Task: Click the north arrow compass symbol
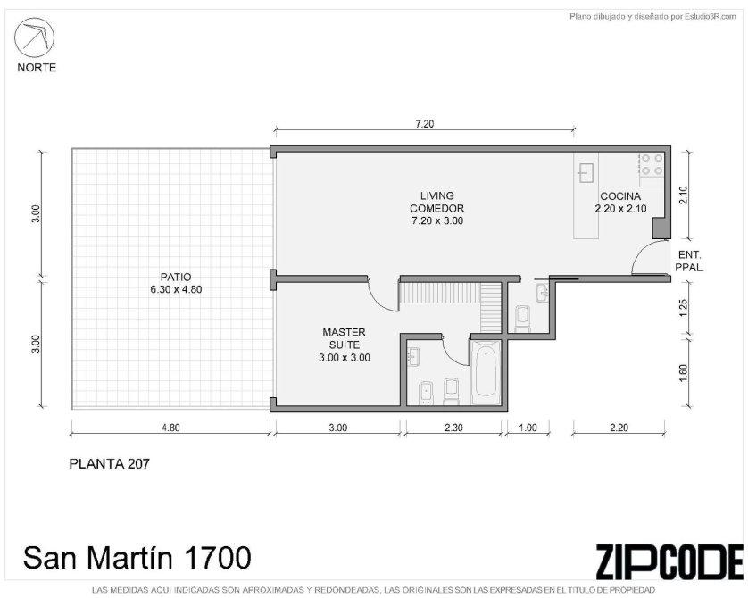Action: click(x=34, y=37)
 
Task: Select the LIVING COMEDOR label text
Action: click(x=437, y=203)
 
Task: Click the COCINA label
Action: click(x=620, y=196)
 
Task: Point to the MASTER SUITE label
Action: click(x=344, y=338)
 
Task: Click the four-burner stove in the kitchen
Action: click(x=652, y=164)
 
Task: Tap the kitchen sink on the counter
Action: click(x=586, y=172)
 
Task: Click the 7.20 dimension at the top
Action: click(x=425, y=124)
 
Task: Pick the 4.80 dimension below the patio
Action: click(x=170, y=428)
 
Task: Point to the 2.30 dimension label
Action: click(x=453, y=428)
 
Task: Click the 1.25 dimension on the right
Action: click(x=683, y=308)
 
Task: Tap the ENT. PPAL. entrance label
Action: click(x=690, y=262)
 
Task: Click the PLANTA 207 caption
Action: click(x=109, y=463)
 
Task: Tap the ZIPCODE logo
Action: click(x=669, y=561)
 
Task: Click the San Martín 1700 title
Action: click(x=137, y=558)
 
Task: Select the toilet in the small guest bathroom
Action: click(x=523, y=318)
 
